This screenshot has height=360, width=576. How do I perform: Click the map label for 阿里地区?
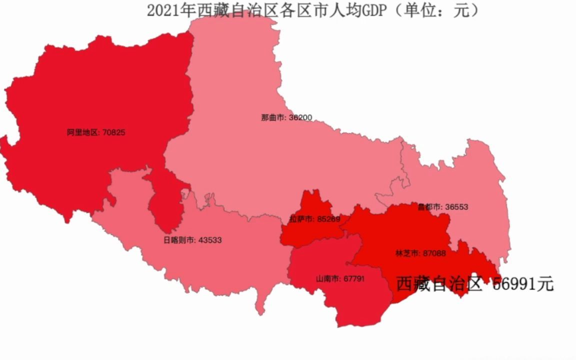(84, 133)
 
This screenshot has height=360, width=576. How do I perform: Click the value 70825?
(114, 133)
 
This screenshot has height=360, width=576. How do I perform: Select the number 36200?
(300, 118)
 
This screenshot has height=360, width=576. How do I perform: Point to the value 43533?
(210, 240)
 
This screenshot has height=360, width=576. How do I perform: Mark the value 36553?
(456, 207)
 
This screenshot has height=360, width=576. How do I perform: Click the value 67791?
(354, 278)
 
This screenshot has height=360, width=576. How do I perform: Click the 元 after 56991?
(545, 284)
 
